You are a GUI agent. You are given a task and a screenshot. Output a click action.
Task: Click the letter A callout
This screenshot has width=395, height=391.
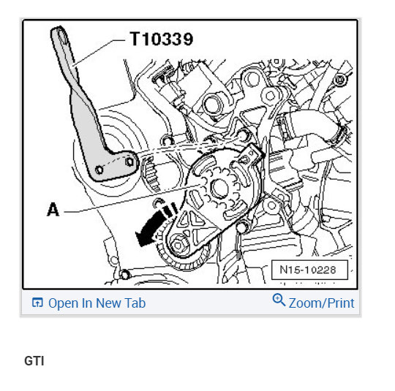pyautogui.click(x=53, y=210)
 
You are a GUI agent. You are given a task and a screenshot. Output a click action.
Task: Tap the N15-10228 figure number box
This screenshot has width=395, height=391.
pyautogui.click(x=307, y=270)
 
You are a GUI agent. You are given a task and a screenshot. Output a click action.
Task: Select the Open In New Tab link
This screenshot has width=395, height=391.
pyautogui.click(x=97, y=303)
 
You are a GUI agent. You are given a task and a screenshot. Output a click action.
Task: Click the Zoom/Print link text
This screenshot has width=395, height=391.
pyautogui.click(x=321, y=303)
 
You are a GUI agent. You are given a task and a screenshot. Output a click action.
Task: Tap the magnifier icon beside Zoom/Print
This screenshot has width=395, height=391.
pyautogui.click(x=279, y=300)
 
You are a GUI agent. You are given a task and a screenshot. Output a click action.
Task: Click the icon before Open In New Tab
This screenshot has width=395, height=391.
pyautogui.click(x=37, y=303)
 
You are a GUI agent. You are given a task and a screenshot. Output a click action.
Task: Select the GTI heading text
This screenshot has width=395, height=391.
pyautogui.click(x=34, y=361)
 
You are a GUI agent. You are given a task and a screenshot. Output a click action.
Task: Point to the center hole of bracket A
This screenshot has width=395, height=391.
pyautogui.click(x=217, y=188)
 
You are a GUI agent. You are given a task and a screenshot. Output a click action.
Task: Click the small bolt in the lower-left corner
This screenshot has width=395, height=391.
pyautogui.click(x=124, y=276)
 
